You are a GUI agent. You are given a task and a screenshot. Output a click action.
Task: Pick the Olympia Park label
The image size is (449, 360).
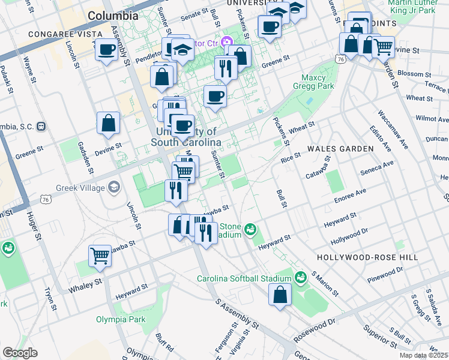point(120,319)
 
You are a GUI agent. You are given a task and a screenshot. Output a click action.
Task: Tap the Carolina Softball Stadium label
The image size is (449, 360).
point(241,278)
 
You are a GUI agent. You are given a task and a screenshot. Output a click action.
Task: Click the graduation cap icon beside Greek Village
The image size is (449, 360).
point(113,188)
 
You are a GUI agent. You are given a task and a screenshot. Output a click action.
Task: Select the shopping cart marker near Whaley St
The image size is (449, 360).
point(100,256)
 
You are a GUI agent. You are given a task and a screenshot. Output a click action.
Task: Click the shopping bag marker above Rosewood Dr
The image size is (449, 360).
point(280,294)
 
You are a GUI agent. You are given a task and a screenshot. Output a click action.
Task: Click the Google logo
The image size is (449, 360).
point(20,353)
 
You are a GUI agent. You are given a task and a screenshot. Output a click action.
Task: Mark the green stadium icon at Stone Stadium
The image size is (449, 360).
point(250,229)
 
